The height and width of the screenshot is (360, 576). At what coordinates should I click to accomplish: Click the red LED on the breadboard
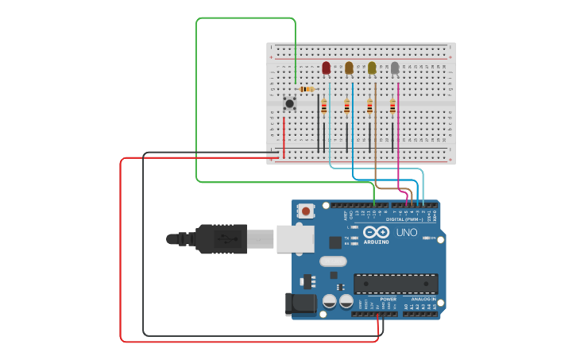(326, 68)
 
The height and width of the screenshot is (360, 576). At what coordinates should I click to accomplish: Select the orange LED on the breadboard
(349, 68)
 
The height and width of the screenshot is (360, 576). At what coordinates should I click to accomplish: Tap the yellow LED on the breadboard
(372, 68)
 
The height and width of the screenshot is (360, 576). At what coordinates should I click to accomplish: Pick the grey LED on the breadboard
(395, 68)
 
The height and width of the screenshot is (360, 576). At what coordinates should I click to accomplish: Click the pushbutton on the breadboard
(290, 103)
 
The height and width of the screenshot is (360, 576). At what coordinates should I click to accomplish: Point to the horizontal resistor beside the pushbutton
(307, 89)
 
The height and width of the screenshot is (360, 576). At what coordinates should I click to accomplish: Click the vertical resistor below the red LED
(323, 106)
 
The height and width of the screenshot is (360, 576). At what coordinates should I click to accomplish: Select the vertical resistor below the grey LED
(392, 106)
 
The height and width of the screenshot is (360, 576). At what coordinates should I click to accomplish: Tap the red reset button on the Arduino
(306, 211)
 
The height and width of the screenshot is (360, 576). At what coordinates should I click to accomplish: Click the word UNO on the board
(407, 233)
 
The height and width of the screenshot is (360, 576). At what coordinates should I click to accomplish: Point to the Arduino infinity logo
(376, 232)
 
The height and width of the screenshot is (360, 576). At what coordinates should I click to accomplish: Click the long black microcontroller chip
(396, 284)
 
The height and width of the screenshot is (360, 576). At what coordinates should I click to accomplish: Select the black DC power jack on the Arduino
(301, 303)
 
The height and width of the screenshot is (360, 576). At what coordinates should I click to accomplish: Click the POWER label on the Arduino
(377, 299)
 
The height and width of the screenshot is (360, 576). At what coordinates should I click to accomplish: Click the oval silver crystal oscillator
(334, 261)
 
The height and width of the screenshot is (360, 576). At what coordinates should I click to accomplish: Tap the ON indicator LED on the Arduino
(430, 238)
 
